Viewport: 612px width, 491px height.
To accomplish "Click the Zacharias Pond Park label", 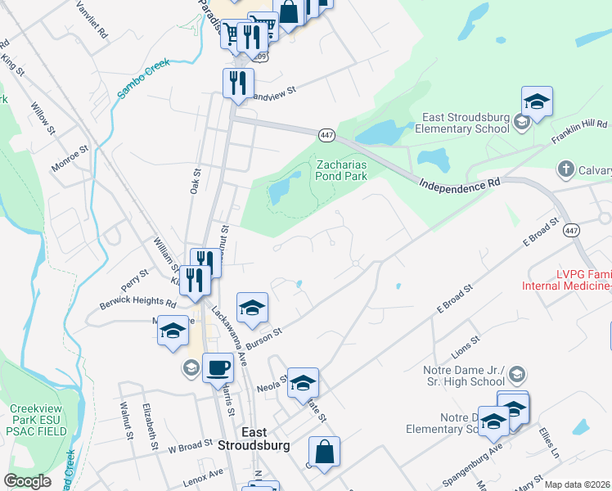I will point(342,169).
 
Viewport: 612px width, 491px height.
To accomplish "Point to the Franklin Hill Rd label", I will point(579,132).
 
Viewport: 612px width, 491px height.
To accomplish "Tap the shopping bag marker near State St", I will point(324,453).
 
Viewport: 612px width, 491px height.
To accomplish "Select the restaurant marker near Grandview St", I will point(238,83).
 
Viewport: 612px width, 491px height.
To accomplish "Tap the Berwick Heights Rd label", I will point(137,303).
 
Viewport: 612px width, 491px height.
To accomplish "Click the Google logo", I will point(28,480).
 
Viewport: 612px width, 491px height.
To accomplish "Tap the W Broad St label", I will point(190,448).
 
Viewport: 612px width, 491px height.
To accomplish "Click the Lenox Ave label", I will point(203,475).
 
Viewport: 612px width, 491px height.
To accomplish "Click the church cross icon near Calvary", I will point(565,169).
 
